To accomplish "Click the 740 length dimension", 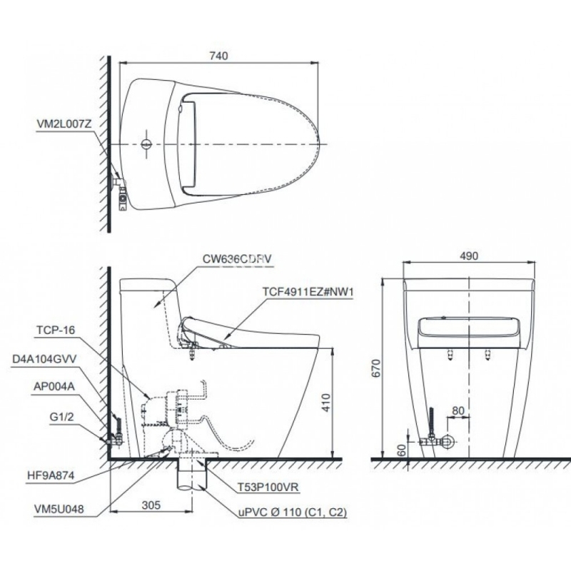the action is point(219,56).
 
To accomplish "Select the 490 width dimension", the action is point(469,256).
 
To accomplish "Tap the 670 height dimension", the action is point(376,368).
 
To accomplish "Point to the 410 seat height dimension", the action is point(326,403).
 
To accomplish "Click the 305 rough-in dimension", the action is point(151,505).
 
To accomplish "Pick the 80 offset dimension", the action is point(458,411).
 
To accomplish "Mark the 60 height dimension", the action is point(401,450).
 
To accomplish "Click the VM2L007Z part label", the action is point(64,124).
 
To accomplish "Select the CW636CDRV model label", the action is point(237,259).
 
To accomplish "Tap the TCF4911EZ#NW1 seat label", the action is point(308,292).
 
